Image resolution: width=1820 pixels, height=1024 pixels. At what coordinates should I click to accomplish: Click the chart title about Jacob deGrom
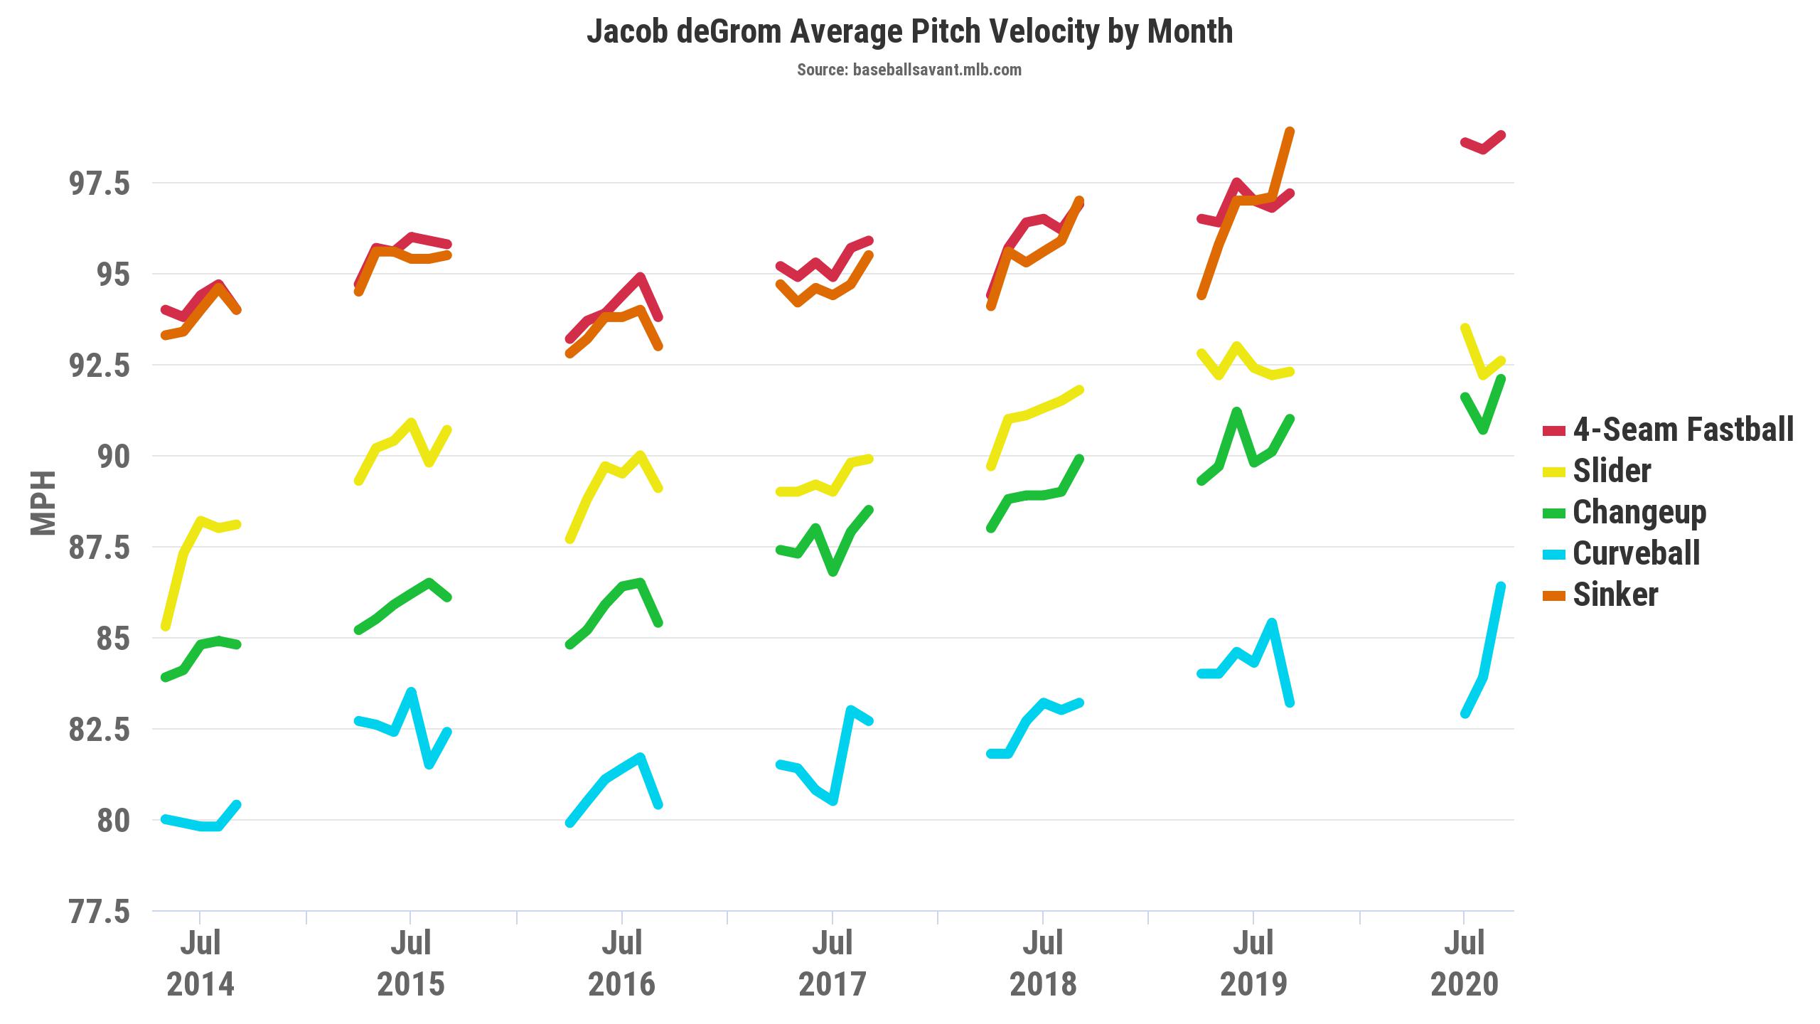(909, 31)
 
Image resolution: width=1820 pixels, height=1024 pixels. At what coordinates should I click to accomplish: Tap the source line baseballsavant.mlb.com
(909, 70)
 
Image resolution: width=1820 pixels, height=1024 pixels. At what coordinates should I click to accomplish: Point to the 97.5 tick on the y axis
(100, 183)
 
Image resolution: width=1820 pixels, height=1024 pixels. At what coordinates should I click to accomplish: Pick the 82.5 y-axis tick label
(100, 730)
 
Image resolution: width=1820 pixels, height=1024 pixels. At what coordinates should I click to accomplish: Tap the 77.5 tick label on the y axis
(100, 912)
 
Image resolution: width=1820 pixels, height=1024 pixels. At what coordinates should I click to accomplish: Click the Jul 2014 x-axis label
(200, 964)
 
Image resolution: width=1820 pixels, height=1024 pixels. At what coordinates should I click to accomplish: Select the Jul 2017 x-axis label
(833, 964)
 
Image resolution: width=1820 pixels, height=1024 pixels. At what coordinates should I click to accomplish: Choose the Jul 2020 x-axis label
(1464, 964)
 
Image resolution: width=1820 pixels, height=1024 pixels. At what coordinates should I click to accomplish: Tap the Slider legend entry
(1597, 471)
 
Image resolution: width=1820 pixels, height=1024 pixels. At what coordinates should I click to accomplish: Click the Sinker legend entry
(1600, 594)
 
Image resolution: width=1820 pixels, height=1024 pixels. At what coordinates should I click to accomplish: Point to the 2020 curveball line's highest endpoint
(1501, 587)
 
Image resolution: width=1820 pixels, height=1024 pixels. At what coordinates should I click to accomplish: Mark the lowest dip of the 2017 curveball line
(833, 801)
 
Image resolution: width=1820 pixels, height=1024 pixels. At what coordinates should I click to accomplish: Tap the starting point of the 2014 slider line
(166, 626)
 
